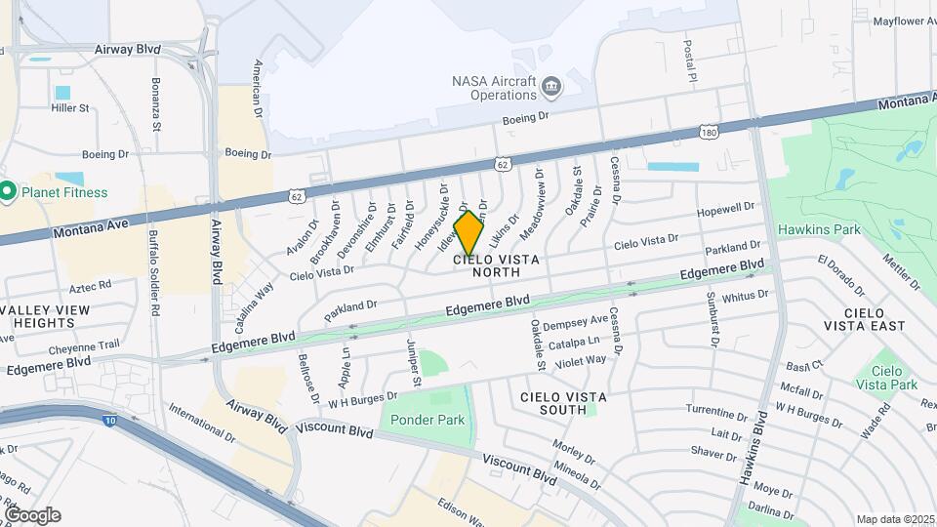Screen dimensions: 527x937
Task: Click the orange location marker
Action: point(468,233)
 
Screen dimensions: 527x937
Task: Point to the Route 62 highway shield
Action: point(502,165)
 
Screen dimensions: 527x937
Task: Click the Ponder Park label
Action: point(428,420)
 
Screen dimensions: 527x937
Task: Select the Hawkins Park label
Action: point(819,229)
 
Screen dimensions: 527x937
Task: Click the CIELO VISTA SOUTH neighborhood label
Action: point(563,403)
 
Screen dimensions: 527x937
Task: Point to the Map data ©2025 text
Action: point(894,519)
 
